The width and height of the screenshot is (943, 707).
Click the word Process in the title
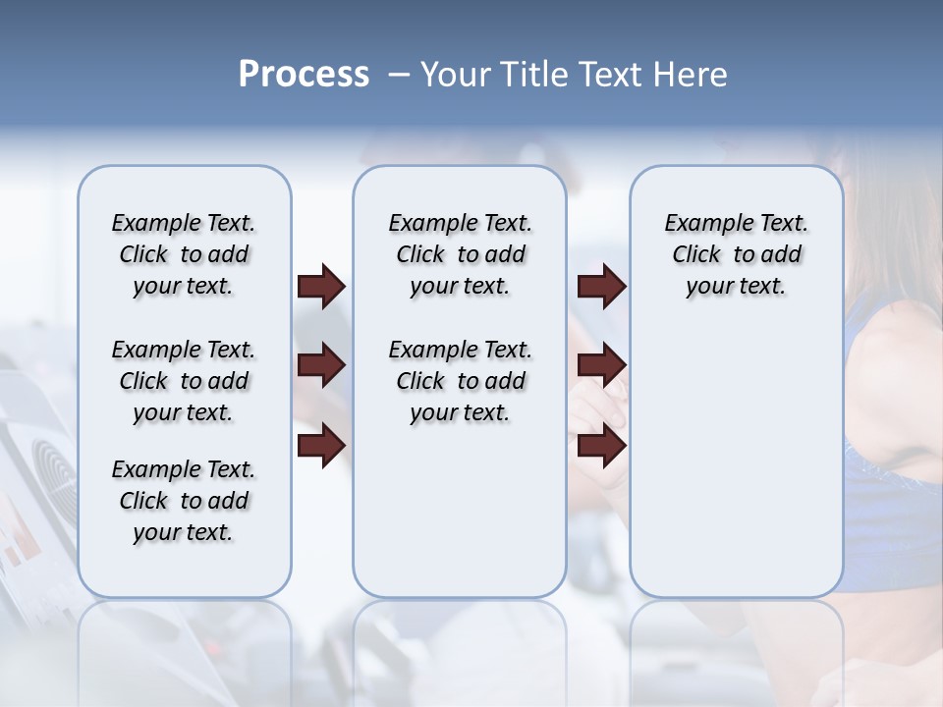click(x=304, y=75)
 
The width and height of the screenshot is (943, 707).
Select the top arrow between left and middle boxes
click(x=321, y=286)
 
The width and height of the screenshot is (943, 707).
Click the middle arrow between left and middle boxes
click(x=321, y=365)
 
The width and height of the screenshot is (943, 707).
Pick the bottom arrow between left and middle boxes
click(x=321, y=445)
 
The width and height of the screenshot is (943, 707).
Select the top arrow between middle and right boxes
click(x=602, y=286)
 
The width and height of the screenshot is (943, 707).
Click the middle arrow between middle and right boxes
click(x=602, y=365)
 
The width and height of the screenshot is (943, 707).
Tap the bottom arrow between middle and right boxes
click(x=602, y=445)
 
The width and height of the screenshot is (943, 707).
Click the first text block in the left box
click(x=184, y=254)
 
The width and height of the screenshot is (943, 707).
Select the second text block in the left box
click(x=184, y=381)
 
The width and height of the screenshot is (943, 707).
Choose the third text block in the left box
click(x=184, y=501)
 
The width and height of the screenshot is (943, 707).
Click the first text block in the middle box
click(x=460, y=254)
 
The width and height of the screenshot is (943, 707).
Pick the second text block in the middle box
click(x=460, y=381)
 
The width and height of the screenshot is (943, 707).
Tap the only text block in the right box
click(x=736, y=254)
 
